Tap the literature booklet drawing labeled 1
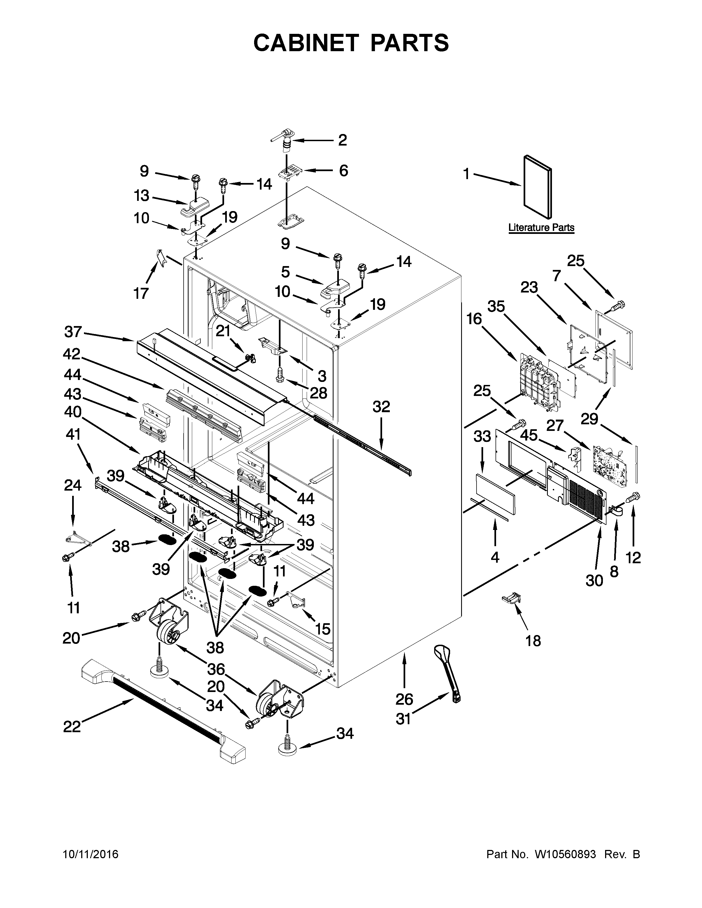click(538, 187)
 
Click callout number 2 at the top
click(342, 140)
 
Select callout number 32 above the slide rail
click(381, 407)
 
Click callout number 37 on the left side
click(73, 332)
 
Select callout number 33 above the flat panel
click(482, 437)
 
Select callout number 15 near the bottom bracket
click(322, 629)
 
